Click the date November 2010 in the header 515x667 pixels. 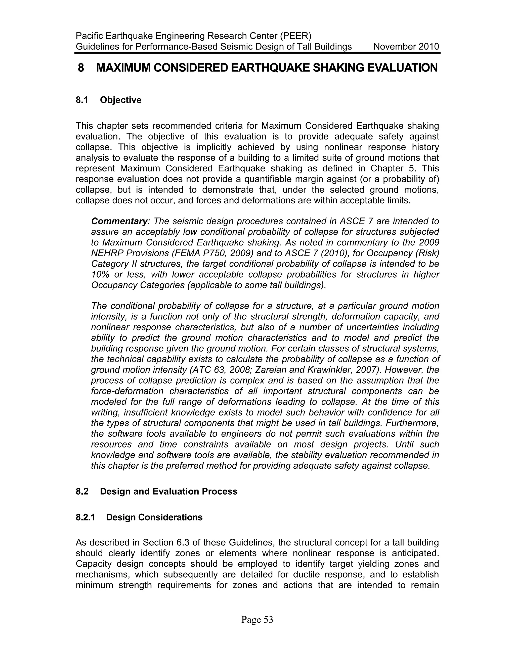click(x=406, y=47)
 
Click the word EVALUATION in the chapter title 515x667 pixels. click(x=402, y=68)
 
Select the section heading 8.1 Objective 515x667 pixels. click(x=108, y=100)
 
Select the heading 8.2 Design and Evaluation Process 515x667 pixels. click(x=156, y=491)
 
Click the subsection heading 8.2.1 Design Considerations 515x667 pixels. click(x=139, y=517)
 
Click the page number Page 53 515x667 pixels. click(x=257, y=620)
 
